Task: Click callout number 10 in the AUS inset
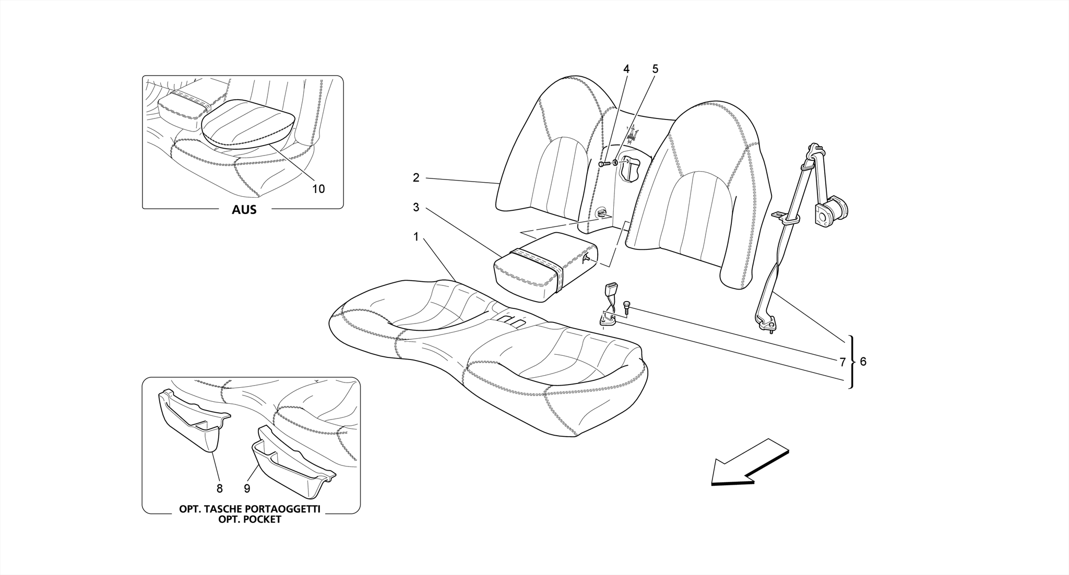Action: pos(318,189)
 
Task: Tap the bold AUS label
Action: pos(244,210)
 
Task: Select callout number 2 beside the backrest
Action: pos(416,178)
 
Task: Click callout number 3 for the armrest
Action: pos(416,208)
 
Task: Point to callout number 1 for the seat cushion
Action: pos(416,237)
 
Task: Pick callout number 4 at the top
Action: pos(626,69)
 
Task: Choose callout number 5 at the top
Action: pos(656,69)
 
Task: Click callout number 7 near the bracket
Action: pos(842,362)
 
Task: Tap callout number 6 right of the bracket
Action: pos(863,361)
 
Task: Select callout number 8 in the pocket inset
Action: pos(220,488)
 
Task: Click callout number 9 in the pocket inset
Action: pos(247,488)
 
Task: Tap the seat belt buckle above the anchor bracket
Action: pos(611,291)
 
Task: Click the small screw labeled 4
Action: pos(604,164)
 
